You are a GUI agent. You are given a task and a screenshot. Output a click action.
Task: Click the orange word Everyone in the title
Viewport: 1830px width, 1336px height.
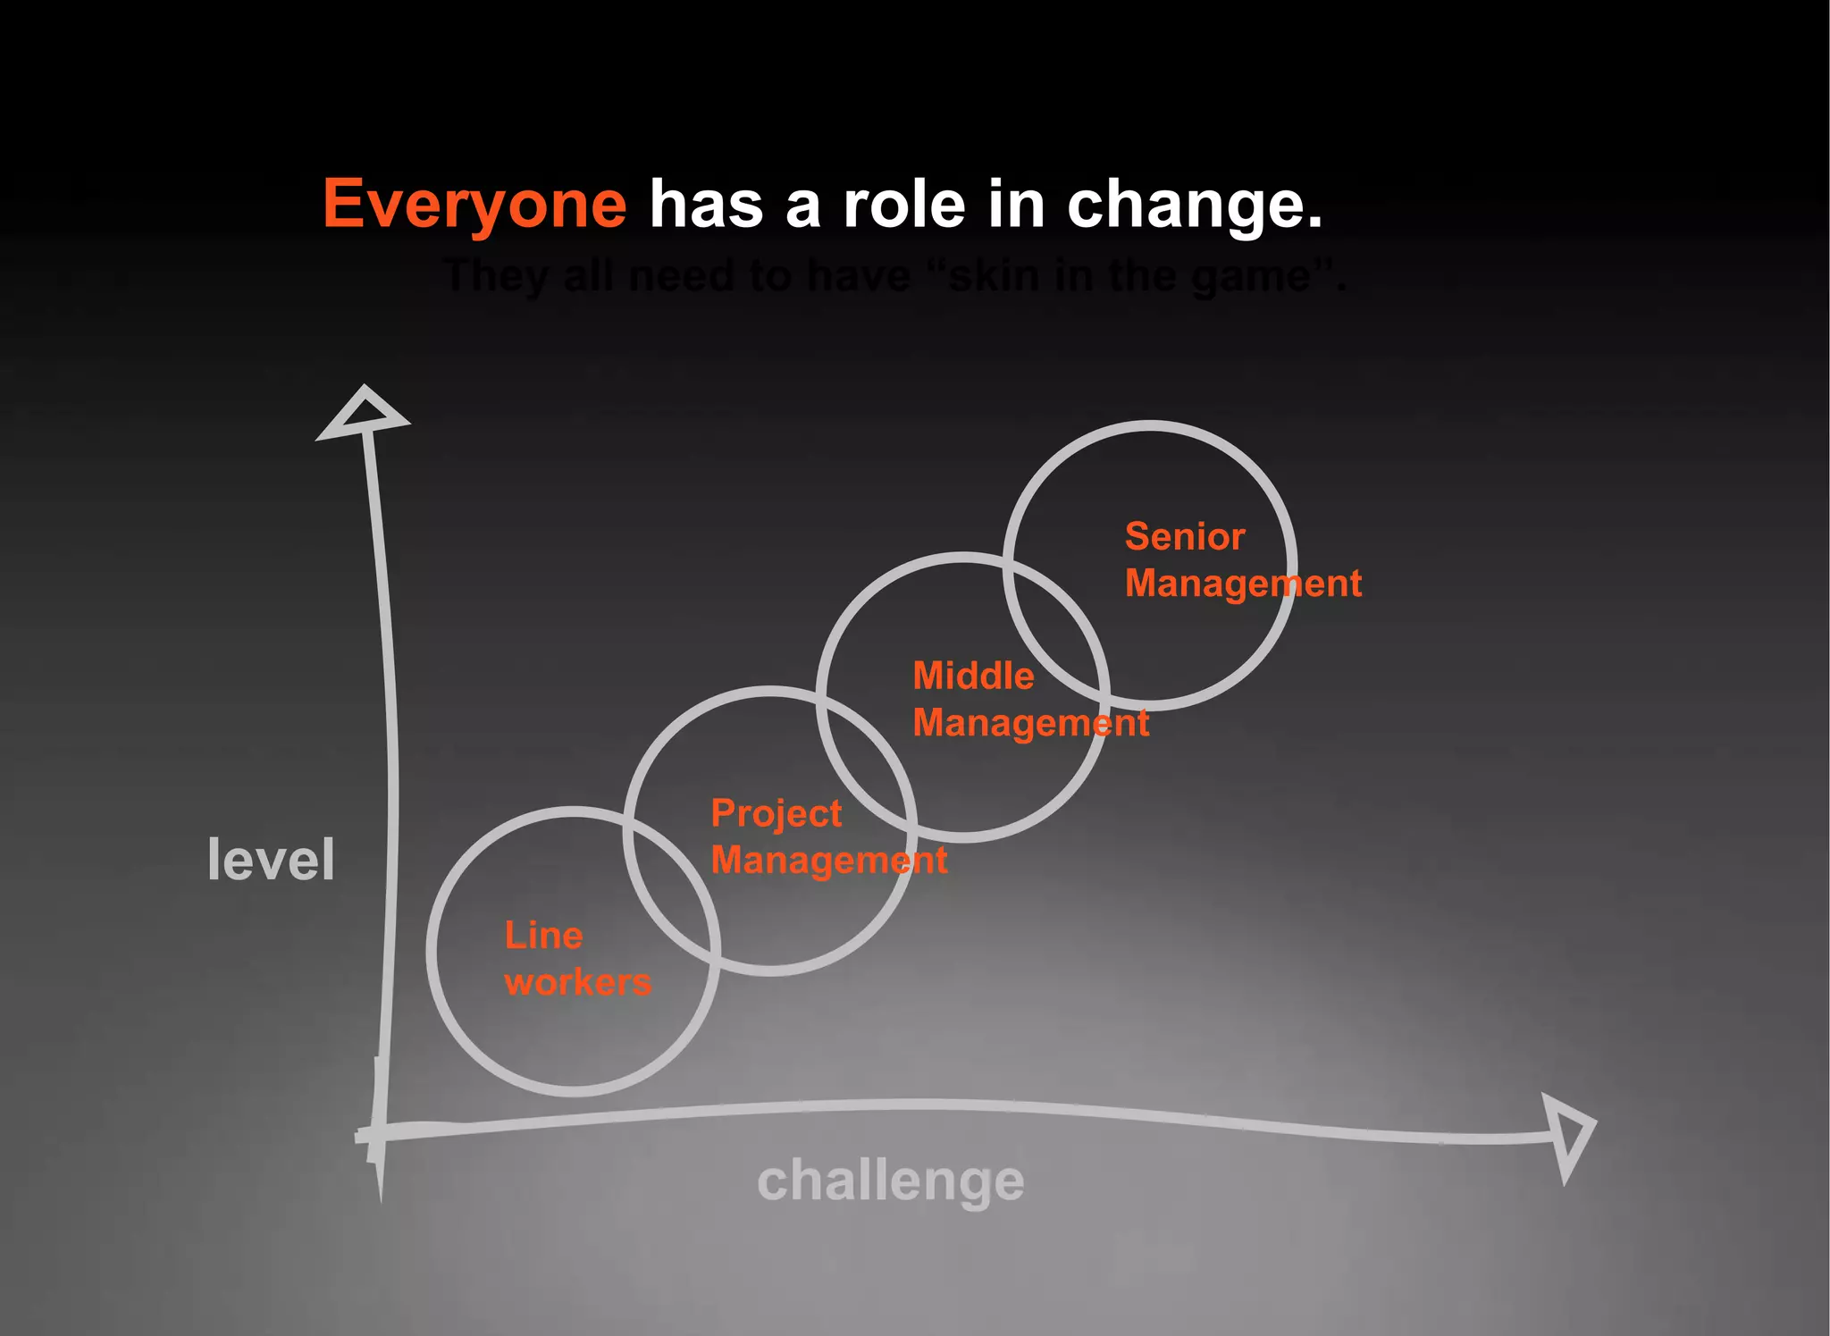coord(474,204)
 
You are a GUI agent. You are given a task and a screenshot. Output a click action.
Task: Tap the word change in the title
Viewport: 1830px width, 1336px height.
coord(1194,204)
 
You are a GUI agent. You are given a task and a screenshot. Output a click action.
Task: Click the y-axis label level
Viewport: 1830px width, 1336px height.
coord(271,860)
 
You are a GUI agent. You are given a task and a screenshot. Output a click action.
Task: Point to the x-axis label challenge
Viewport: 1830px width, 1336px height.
coord(890,1181)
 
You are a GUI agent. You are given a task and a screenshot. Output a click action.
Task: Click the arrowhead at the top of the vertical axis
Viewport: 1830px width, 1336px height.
coord(363,414)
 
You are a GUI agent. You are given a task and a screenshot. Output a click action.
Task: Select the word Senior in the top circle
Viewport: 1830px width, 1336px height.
coord(1185,537)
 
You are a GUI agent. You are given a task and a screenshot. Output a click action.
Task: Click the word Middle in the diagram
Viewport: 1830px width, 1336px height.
coord(973,676)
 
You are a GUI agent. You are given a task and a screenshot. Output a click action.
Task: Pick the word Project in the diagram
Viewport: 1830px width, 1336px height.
coord(776,814)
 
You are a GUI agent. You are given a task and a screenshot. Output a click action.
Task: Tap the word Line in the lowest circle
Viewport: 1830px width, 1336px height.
coord(543,936)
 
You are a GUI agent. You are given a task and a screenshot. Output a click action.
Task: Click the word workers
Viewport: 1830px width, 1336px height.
coord(578,982)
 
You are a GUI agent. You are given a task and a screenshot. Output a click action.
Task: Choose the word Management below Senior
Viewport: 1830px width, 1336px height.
coord(1243,584)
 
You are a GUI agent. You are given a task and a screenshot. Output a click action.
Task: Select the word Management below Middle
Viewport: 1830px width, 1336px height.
coord(1030,722)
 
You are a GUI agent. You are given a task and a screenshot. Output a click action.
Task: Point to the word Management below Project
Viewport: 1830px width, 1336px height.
coord(828,861)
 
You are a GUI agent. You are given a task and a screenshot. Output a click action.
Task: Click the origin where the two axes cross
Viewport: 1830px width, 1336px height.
coord(378,1133)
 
